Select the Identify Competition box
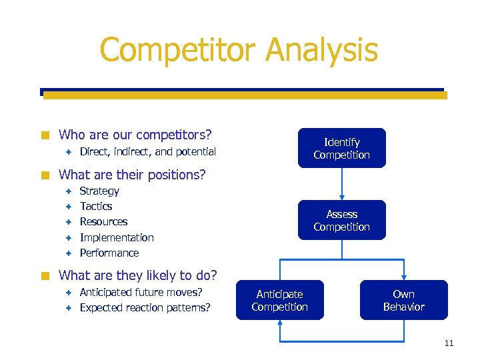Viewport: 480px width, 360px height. click(x=341, y=148)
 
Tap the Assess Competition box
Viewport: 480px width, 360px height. click(x=341, y=220)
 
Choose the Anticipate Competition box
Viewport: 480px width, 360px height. click(x=279, y=300)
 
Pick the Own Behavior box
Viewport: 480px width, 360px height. click(x=403, y=300)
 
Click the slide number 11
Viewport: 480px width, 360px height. click(x=448, y=343)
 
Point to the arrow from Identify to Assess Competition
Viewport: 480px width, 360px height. click(x=341, y=183)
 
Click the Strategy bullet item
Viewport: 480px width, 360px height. click(x=99, y=191)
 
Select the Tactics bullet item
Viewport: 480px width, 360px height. click(x=96, y=207)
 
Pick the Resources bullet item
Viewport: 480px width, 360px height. click(x=103, y=222)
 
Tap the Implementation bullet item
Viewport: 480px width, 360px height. click(x=117, y=237)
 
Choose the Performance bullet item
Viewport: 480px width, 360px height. click(x=109, y=253)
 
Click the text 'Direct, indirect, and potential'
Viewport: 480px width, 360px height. click(x=147, y=152)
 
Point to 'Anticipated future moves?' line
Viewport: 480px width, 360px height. click(x=141, y=292)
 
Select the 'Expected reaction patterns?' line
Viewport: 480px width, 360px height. click(x=145, y=307)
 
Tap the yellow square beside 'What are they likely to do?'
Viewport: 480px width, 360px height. click(x=45, y=275)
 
